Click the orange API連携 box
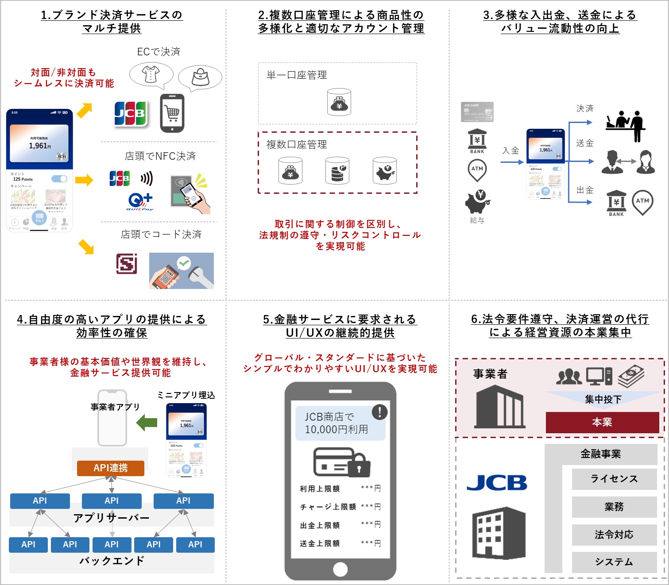[111, 468]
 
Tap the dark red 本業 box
[602, 422]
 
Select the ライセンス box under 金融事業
[614, 479]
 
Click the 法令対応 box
[614, 535]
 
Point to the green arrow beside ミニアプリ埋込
[147, 423]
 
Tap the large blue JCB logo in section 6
[497, 483]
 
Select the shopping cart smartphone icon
[172, 113]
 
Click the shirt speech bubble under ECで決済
[151, 75]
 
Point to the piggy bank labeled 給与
[477, 202]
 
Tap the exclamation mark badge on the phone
[379, 412]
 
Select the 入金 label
[510, 150]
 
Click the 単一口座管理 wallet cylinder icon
[339, 102]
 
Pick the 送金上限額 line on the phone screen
[340, 543]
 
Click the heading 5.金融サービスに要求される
[340, 319]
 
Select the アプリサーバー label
[112, 518]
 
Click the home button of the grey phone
[340, 570]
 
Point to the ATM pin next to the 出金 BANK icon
[642, 202]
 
